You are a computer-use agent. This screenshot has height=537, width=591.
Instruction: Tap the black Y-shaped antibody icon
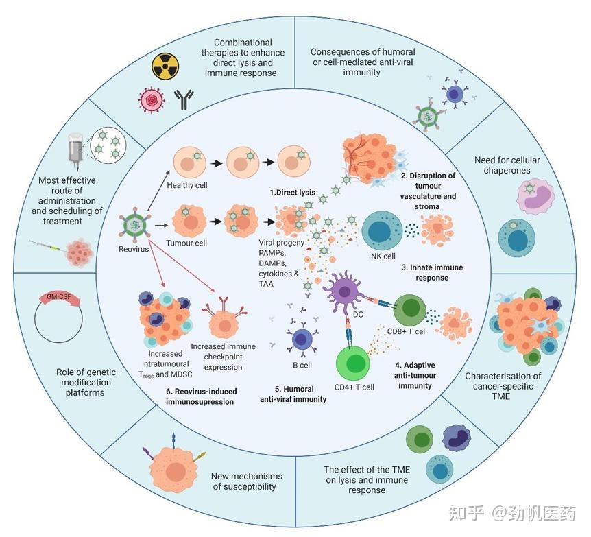coord(182,100)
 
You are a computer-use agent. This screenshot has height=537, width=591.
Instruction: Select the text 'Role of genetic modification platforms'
coord(86,382)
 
